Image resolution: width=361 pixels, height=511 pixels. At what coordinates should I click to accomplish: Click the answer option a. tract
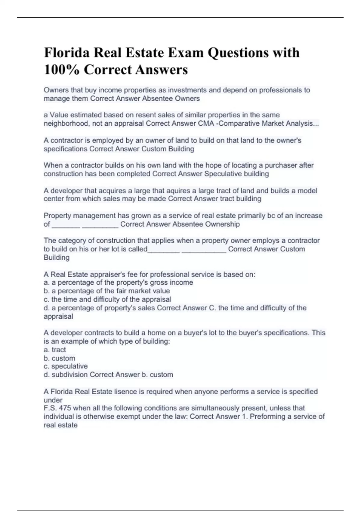(55, 350)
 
